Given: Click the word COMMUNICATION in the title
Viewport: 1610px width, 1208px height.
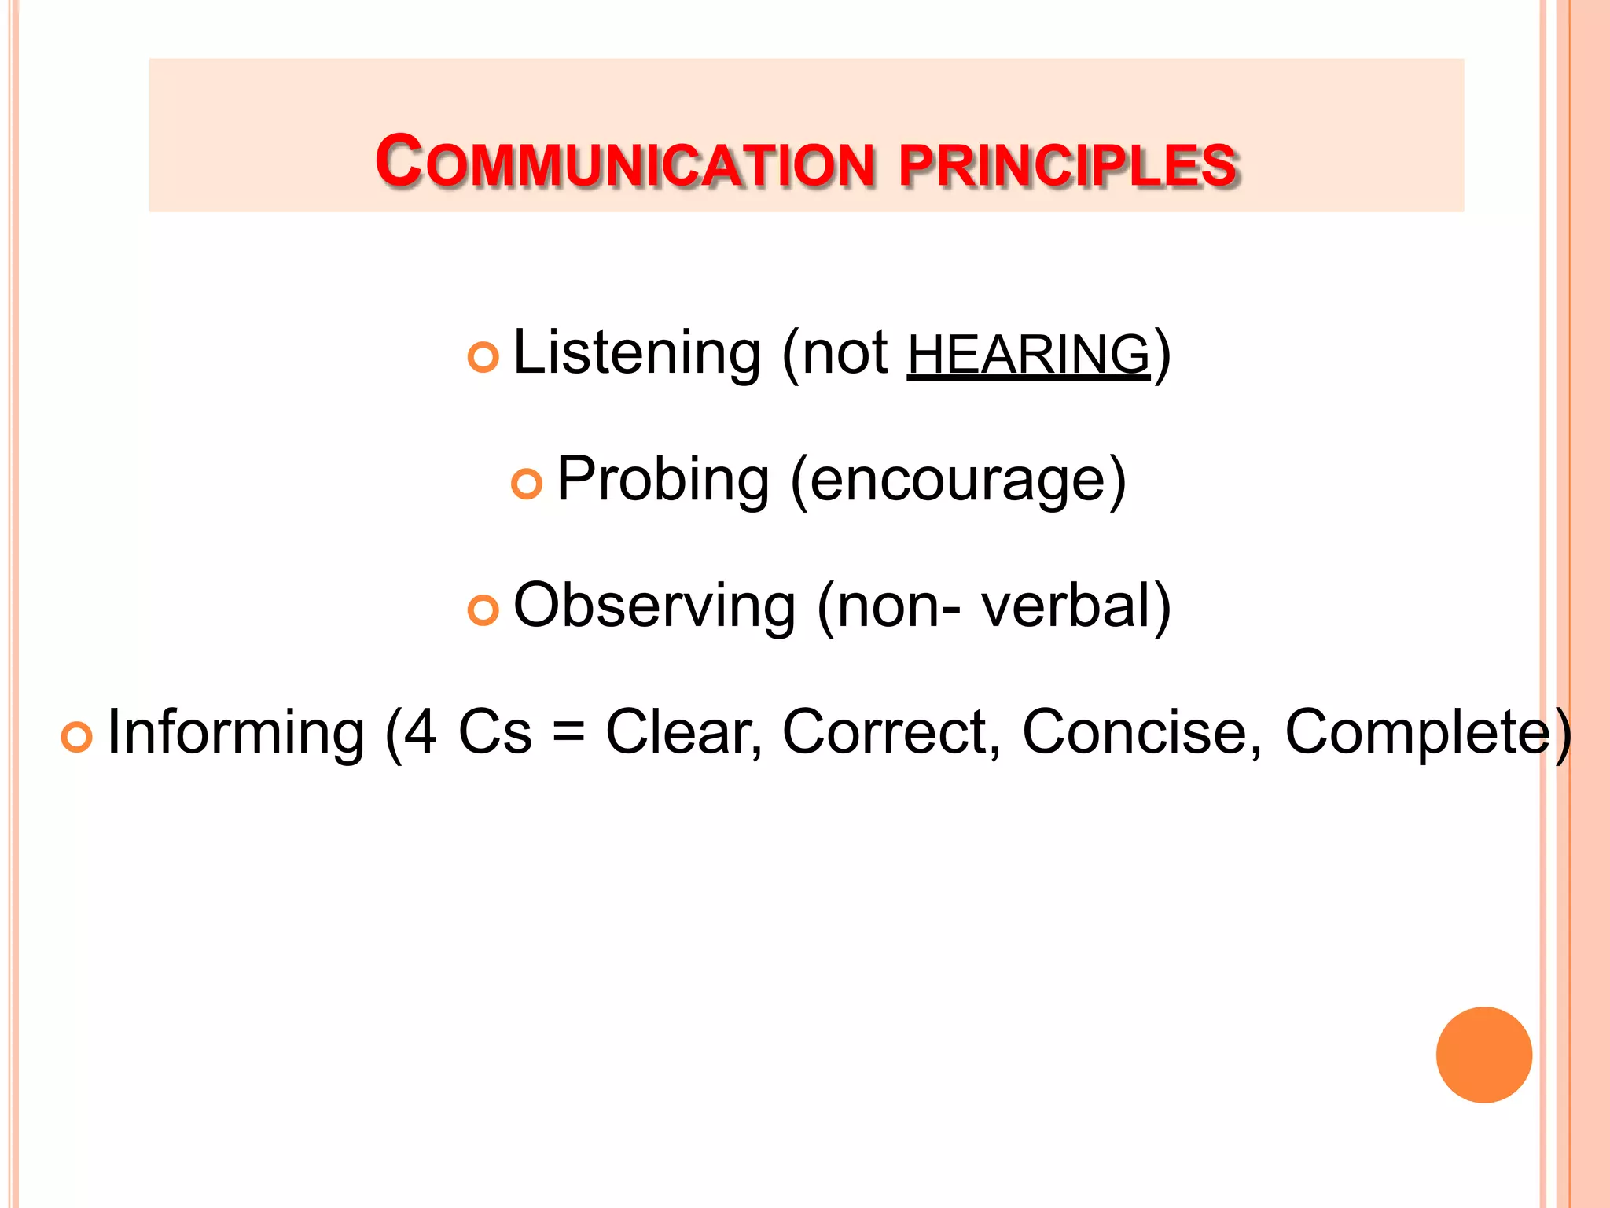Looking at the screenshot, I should (x=625, y=163).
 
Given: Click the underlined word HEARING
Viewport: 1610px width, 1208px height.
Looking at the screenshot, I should (x=1028, y=355).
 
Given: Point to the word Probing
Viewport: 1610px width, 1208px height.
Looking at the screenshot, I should (x=663, y=481).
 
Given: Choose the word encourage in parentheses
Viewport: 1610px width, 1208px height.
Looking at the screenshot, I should (x=958, y=481).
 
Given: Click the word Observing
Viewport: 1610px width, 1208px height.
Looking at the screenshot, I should (x=655, y=606).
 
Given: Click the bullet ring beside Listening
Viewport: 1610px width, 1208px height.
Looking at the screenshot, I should (x=483, y=358).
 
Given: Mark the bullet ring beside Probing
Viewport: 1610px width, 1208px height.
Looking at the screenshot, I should (x=527, y=484).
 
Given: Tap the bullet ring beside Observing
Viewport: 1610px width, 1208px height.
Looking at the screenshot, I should (x=483, y=610).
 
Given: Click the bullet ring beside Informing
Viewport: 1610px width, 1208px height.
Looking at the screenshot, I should (x=76, y=737).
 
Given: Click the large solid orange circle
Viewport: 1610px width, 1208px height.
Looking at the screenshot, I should (x=1483, y=1055).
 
